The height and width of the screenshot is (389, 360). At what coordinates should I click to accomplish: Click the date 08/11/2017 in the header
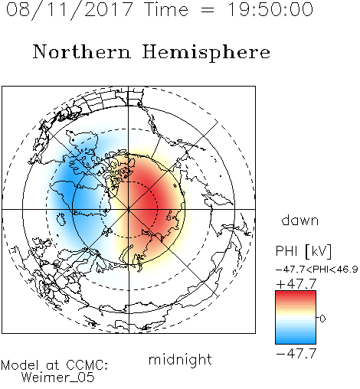click(69, 10)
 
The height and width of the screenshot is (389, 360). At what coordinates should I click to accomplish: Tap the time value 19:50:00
click(270, 9)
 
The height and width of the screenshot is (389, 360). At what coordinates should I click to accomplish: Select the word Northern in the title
click(82, 51)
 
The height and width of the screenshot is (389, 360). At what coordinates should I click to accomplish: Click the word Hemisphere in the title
click(206, 53)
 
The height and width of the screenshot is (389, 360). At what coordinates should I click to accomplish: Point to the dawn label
click(300, 220)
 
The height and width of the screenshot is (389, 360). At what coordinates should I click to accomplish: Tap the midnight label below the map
click(180, 360)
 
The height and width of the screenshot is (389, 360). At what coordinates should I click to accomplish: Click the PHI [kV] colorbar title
click(303, 251)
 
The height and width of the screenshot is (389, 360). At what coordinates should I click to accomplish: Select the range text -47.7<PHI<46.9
click(316, 270)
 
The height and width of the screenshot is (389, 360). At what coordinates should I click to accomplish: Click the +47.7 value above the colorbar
click(296, 284)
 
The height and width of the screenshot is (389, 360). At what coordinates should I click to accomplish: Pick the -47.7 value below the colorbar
click(296, 354)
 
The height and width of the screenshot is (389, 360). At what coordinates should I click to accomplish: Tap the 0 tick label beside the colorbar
click(322, 319)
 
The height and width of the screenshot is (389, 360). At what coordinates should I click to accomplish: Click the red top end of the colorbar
click(296, 293)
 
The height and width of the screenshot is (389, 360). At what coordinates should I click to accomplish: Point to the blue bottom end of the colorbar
click(296, 342)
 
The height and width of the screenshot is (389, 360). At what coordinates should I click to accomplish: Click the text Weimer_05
click(58, 378)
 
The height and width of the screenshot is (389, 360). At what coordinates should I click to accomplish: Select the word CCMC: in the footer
click(87, 365)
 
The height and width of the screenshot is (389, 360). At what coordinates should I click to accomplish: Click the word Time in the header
click(166, 10)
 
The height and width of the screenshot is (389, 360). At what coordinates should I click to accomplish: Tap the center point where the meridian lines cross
click(129, 209)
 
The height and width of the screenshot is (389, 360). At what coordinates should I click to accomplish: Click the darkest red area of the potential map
click(148, 201)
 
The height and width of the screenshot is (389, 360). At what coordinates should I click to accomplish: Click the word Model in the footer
click(21, 365)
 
